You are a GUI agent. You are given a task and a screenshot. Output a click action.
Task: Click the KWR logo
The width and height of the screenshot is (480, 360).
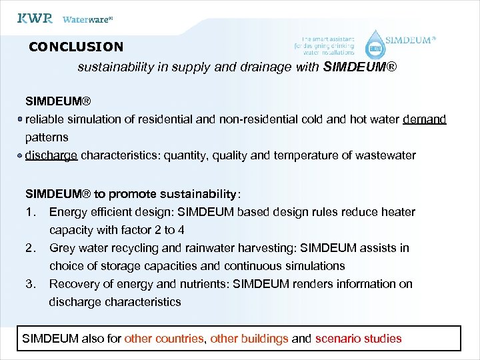coord(35,19)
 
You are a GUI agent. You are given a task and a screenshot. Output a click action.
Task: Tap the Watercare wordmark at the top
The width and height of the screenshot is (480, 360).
coord(87,19)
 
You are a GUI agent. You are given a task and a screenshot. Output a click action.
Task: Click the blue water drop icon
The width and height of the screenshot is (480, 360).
coord(376,44)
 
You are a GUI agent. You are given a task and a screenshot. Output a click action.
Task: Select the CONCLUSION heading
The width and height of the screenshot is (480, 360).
coord(76,47)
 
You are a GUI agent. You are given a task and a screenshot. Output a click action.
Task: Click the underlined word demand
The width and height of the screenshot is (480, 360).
coord(424,119)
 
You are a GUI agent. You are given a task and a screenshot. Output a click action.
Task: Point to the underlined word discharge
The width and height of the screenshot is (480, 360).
coord(51,155)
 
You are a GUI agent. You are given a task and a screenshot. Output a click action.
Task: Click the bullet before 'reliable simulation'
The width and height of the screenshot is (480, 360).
coord(21,119)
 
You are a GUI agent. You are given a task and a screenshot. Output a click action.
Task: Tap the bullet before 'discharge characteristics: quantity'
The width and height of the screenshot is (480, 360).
coord(21,155)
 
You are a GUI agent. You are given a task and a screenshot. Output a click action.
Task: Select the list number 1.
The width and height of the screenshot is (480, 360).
coord(29,212)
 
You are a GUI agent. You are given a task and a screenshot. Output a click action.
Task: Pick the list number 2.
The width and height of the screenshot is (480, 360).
coord(29,248)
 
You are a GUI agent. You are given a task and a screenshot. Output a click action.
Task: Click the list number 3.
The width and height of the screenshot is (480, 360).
coord(29,284)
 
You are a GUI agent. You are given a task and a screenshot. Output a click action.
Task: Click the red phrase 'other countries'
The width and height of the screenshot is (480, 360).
coord(164,338)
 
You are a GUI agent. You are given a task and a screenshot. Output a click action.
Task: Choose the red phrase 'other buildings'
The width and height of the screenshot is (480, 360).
coord(249,338)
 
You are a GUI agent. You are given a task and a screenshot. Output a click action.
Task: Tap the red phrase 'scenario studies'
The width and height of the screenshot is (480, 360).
coord(358,338)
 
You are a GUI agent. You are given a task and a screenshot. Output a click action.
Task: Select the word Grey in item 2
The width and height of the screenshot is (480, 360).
coord(62,248)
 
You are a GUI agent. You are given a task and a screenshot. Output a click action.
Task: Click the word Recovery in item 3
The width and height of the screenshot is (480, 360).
coord(73,284)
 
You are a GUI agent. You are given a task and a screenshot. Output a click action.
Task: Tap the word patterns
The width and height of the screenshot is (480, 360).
coord(47,137)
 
